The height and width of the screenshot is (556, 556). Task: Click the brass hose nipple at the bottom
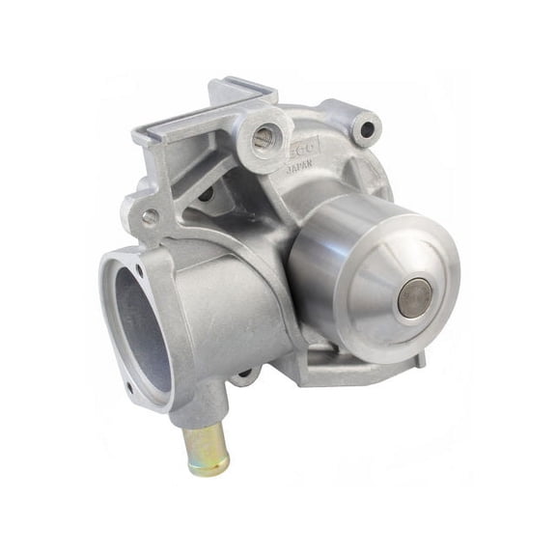(206, 445)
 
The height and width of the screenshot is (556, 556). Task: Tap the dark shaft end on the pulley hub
(414, 297)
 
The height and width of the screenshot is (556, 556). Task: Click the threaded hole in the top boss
(262, 138)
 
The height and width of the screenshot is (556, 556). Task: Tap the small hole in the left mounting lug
(151, 217)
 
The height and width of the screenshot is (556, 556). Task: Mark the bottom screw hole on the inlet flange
(127, 389)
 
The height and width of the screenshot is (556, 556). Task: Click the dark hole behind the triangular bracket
(206, 194)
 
